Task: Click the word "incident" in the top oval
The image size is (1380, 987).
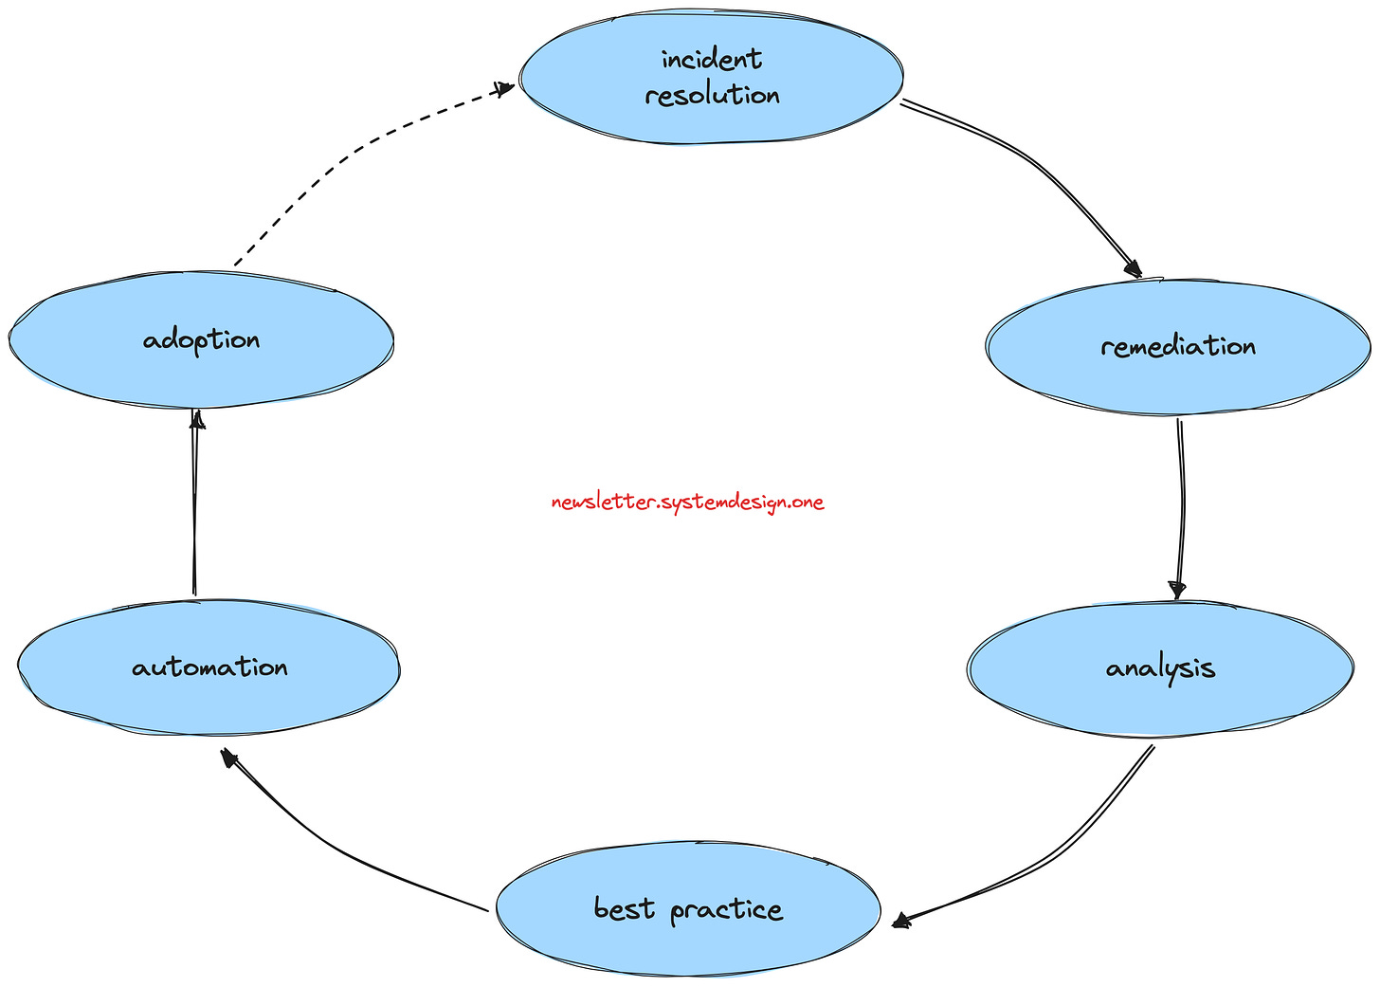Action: point(711,60)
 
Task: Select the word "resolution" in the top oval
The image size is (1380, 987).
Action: point(712,96)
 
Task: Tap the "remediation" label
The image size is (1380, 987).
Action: point(1178,346)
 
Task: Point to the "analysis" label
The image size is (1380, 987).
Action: point(1160,668)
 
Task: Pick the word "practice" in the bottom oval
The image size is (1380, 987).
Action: point(726,910)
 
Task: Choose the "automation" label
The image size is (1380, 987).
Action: point(209,667)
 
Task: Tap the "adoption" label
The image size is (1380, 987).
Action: point(201,339)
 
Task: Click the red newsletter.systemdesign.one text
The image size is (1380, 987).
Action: point(687,503)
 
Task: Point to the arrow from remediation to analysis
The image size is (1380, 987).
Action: point(1182,503)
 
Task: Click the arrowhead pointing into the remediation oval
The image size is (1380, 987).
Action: point(1131,268)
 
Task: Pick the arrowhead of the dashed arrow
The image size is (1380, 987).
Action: point(504,88)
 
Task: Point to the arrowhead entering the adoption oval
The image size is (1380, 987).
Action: point(196,420)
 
